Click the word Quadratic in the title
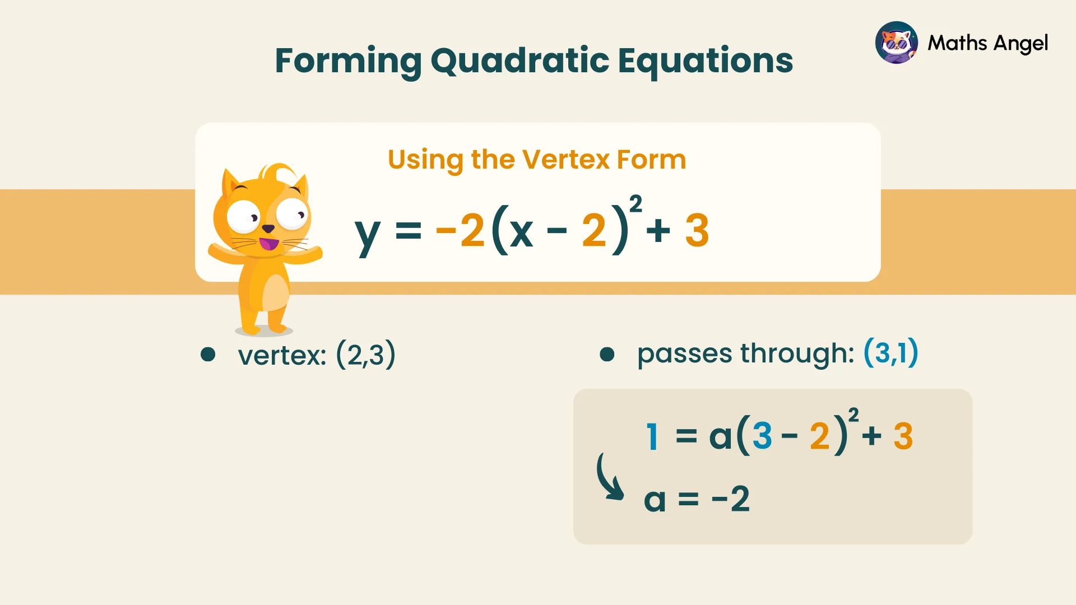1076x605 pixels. pyautogui.click(x=520, y=61)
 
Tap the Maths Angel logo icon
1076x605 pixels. pyautogui.click(x=896, y=43)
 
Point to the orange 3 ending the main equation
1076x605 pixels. pyautogui.click(x=697, y=230)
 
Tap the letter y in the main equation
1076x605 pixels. pyautogui.click(x=367, y=234)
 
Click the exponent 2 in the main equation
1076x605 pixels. pyautogui.click(x=636, y=204)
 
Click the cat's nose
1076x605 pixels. pyautogui.click(x=268, y=229)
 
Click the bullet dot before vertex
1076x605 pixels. pyautogui.click(x=208, y=354)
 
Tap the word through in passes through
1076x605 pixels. pyautogui.click(x=797, y=353)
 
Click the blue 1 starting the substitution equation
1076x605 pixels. pyautogui.click(x=652, y=436)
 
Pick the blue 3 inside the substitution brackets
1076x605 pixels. pyautogui.click(x=762, y=436)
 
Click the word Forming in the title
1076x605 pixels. pyautogui.click(x=347, y=61)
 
